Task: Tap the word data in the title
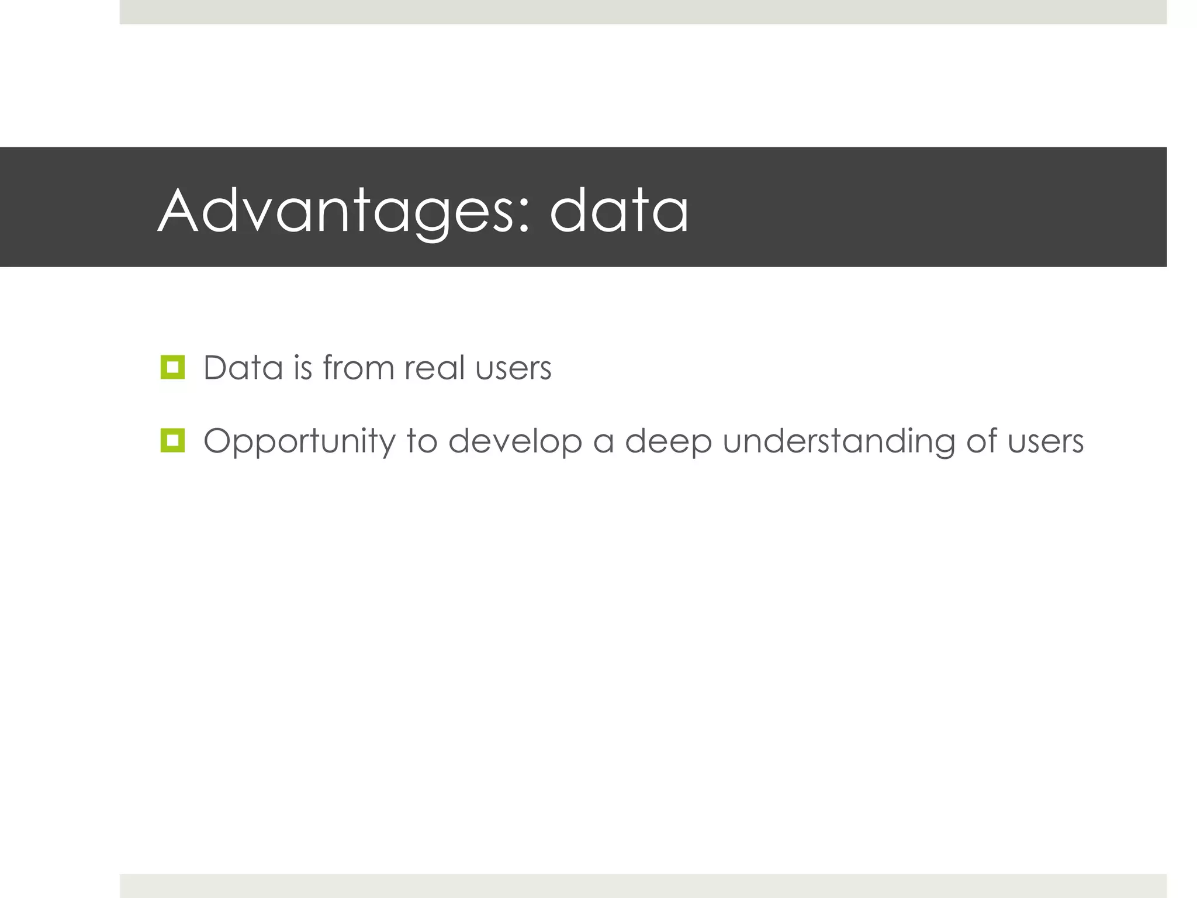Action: [x=619, y=210]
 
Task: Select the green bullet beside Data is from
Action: [x=172, y=367]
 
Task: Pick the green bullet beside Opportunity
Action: [x=172, y=440]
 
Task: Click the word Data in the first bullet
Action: [x=243, y=368]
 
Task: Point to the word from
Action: [x=358, y=368]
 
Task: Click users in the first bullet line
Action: [x=513, y=369]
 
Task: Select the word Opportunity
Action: [x=299, y=441]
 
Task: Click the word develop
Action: [x=515, y=441]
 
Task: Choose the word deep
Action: [x=668, y=441]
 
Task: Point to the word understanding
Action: [x=838, y=441]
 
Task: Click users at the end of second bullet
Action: [x=1046, y=442]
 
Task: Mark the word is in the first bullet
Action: [x=303, y=368]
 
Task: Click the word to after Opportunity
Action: [x=421, y=441]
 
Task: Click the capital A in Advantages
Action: [x=178, y=210]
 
